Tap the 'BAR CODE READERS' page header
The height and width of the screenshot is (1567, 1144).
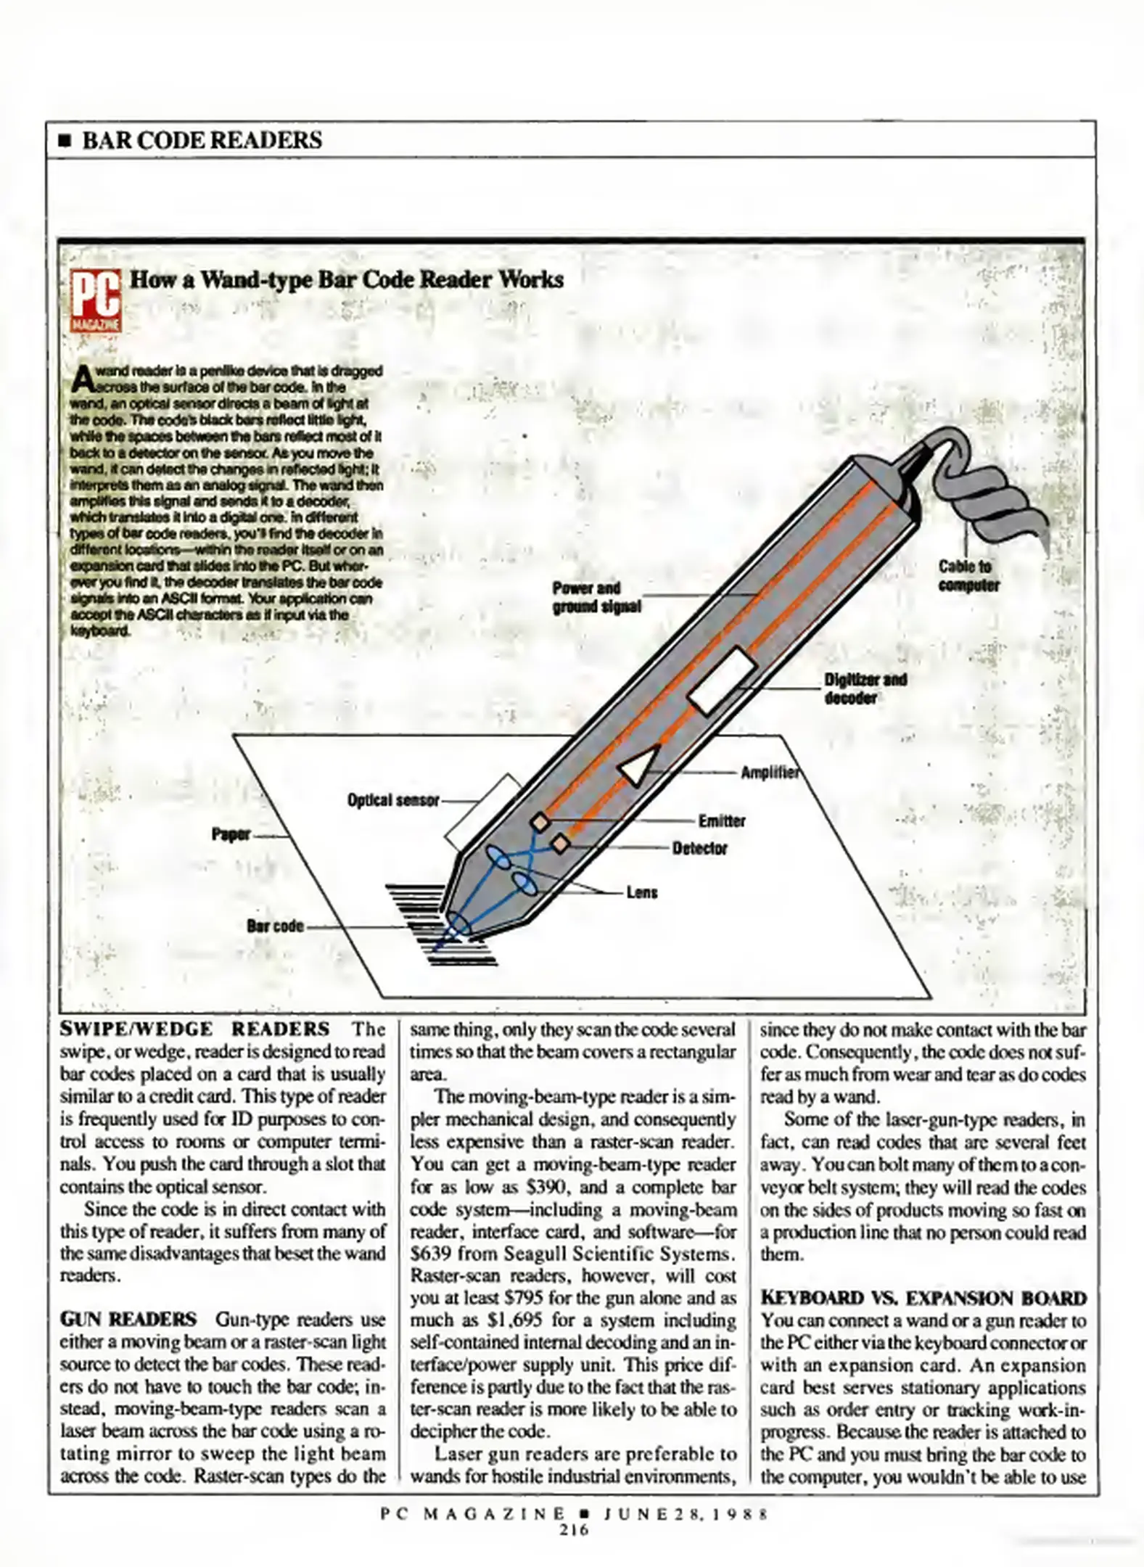(x=202, y=139)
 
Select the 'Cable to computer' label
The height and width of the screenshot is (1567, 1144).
(x=968, y=575)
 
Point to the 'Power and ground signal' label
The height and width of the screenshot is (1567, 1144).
(x=596, y=597)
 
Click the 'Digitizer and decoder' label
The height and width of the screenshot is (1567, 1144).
(x=865, y=688)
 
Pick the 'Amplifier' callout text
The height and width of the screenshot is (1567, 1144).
(x=769, y=773)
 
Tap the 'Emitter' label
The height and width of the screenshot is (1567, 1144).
(x=722, y=820)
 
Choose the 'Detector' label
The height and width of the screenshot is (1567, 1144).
(x=699, y=848)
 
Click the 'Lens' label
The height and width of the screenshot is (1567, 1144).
(x=641, y=892)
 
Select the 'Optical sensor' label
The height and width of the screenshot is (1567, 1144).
(x=393, y=800)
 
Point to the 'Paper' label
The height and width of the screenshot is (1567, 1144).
(x=231, y=834)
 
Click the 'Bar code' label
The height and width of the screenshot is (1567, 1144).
(x=275, y=926)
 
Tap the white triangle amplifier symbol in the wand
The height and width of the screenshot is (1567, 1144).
(x=639, y=765)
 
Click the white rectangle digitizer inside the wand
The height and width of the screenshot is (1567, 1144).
(x=723, y=680)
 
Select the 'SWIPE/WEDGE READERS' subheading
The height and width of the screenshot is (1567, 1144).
(x=194, y=1029)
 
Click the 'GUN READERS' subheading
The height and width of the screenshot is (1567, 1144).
(x=128, y=1318)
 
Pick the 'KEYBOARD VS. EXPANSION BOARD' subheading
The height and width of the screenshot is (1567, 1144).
(x=923, y=1298)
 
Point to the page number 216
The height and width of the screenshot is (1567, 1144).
(x=573, y=1529)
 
